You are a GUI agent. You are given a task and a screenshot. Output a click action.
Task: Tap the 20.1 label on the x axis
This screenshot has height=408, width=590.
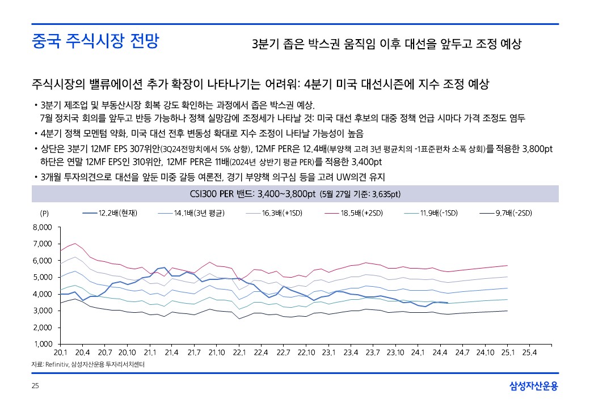coord(60,353)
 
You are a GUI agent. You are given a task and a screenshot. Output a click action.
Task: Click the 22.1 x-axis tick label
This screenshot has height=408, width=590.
coord(239,353)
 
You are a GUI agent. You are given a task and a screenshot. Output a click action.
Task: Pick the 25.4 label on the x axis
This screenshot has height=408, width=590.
coord(529,353)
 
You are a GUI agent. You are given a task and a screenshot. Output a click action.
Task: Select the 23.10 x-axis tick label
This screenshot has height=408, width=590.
coord(395,353)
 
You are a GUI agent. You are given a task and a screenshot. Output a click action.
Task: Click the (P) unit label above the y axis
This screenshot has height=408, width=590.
coord(45,214)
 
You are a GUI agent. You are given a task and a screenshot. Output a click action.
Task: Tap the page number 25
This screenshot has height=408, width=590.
coord(35,386)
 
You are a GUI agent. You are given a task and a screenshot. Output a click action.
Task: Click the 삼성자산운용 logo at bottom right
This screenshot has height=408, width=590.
coord(534,386)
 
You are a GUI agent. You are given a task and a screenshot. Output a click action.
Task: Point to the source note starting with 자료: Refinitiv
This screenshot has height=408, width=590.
coord(87,365)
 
